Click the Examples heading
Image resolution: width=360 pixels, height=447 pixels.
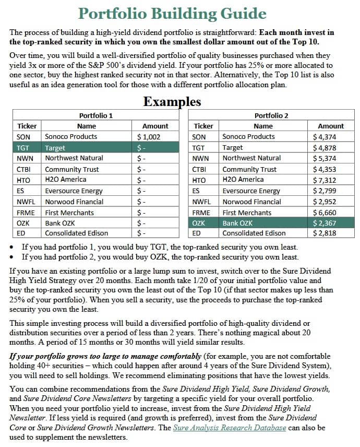pyautogui.click(x=172, y=101)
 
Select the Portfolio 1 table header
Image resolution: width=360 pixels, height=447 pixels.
pyautogui.click(x=95, y=115)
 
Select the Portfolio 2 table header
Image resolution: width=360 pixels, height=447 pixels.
pyautogui.click(x=271, y=115)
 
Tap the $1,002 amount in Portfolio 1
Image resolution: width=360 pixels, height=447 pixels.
pyautogui.click(x=149, y=137)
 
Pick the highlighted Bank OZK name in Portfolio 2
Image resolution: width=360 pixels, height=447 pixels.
pyautogui.click(x=238, y=223)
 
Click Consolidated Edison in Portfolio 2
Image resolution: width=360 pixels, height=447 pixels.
pyautogui.click(x=254, y=233)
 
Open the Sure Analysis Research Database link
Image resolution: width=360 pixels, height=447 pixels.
pyautogui.click(x=230, y=428)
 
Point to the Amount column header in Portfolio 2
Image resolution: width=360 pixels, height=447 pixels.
pyautogui.click(x=331, y=126)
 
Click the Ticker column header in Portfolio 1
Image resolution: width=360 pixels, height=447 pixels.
pyautogui.click(x=27, y=126)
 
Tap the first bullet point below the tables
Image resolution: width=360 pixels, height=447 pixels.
pyautogui.click(x=159, y=246)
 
